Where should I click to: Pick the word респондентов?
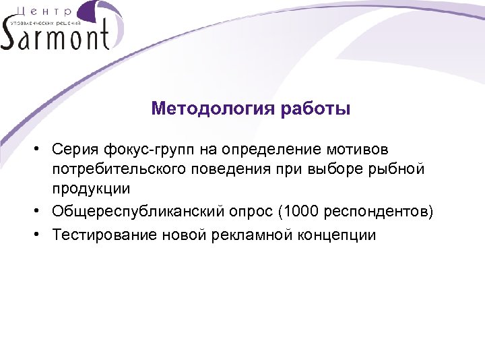tap(377, 212)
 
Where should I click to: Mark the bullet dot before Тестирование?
tap(42, 235)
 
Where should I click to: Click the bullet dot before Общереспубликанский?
tap(42, 212)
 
